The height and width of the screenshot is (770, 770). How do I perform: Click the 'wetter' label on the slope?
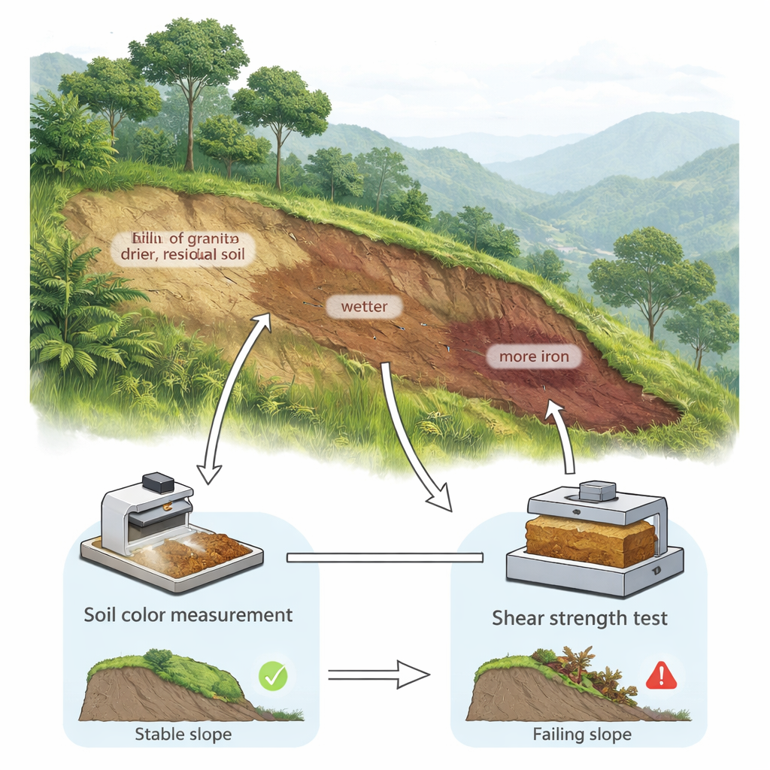(365, 307)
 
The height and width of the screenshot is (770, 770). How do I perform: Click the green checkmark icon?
(272, 676)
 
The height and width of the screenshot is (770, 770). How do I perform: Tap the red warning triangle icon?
(661, 676)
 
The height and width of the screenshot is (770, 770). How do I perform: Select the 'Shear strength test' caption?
(579, 619)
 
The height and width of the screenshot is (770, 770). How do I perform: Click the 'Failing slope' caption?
(581, 734)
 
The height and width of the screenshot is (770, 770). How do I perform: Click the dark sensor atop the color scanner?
(159, 482)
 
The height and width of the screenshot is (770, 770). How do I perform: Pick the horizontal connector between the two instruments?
(385, 557)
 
